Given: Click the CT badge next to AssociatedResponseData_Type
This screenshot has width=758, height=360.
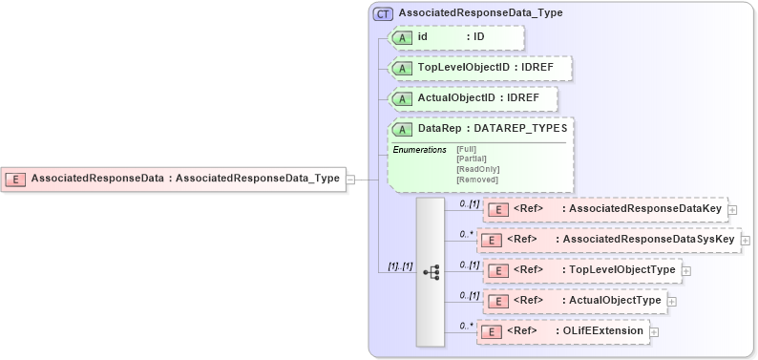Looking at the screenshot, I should coord(384,14).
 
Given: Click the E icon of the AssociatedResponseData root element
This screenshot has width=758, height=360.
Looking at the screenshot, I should coord(16,179).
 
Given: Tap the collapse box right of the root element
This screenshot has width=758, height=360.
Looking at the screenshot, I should coord(350,179).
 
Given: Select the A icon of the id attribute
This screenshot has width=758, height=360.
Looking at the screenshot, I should coord(403,37).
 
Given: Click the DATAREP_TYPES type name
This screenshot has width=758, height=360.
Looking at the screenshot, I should coord(522,129).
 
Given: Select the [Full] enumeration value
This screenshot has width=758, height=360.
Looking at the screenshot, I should coord(466,150).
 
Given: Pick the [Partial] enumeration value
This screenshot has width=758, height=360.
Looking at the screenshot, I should coord(472,159).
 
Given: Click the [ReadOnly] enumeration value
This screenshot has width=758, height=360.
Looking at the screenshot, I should coord(477,169).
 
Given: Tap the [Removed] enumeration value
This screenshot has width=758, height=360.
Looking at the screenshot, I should coord(476,180).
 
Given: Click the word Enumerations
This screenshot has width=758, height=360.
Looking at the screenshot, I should coord(420,150).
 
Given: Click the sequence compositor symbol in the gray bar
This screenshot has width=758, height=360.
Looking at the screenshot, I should coord(431,271).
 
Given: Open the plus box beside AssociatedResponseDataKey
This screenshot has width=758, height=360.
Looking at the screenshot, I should coord(732,209).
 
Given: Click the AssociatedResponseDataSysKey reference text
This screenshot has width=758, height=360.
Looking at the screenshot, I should coord(648,239).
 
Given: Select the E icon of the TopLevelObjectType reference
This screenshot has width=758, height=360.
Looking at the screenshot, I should coord(496,270).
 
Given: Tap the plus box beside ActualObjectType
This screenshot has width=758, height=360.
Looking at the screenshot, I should coord(671,301).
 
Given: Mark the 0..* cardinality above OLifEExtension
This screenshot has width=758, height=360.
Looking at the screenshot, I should coord(467,325).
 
